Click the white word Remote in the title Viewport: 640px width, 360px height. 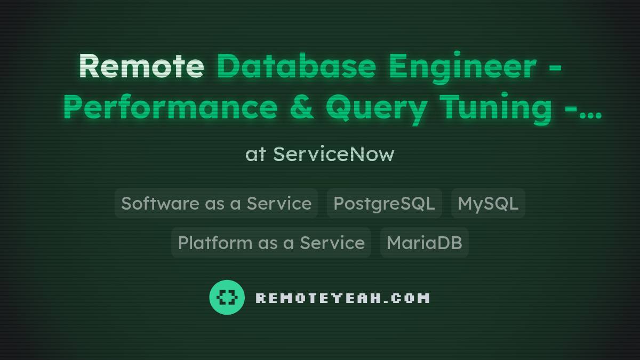(141, 66)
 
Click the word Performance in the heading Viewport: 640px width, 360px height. (170, 107)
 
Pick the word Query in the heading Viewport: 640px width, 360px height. (376, 108)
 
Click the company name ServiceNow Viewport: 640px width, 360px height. (334, 154)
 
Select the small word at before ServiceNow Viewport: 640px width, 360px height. (255, 155)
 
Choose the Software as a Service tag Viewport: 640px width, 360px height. (216, 203)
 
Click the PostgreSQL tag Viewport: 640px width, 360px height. (384, 203)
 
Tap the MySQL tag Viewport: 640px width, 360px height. (488, 203)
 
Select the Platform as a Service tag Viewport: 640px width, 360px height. (271, 243)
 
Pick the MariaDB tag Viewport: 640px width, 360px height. (424, 243)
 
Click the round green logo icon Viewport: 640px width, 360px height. (227, 297)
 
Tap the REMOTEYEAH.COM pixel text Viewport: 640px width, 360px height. (342, 298)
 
